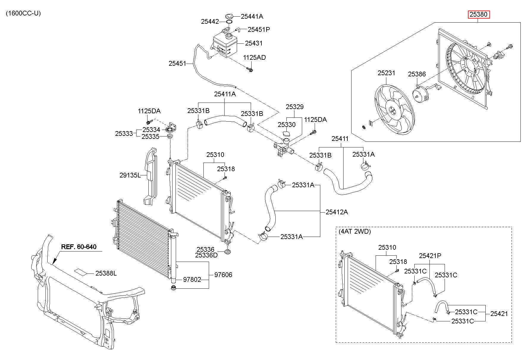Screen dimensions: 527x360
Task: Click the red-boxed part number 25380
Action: (479, 15)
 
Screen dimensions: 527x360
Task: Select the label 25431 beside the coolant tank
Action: (254, 43)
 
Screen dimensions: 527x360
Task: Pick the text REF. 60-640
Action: (79, 247)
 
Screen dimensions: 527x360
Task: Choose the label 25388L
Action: (106, 273)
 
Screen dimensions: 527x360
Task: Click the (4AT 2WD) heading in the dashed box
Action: (355, 232)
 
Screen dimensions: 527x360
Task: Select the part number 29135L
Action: (130, 175)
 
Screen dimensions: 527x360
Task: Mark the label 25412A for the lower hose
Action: (337, 212)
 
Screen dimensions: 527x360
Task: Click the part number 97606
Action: (223, 275)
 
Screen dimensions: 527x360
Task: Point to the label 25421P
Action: (430, 256)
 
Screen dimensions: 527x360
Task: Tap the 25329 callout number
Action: (295, 107)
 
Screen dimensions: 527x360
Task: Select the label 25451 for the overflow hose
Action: (177, 63)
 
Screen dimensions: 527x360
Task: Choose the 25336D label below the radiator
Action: (206, 255)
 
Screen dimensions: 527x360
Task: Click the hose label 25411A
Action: (225, 94)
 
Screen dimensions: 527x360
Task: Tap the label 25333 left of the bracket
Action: (124, 133)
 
